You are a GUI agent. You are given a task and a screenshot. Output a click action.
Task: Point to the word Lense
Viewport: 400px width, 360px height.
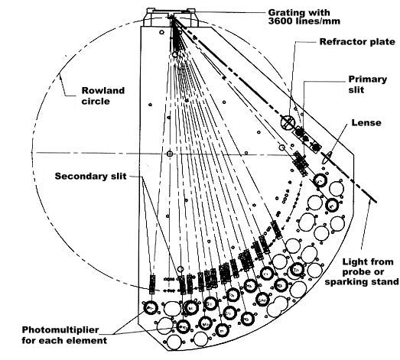[363, 122]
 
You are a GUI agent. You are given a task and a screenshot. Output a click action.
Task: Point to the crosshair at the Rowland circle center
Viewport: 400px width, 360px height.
[169, 154]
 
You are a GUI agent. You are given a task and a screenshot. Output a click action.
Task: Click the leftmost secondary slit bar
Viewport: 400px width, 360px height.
[152, 284]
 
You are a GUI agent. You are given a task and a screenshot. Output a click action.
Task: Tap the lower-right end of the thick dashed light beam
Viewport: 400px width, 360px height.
[376, 202]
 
